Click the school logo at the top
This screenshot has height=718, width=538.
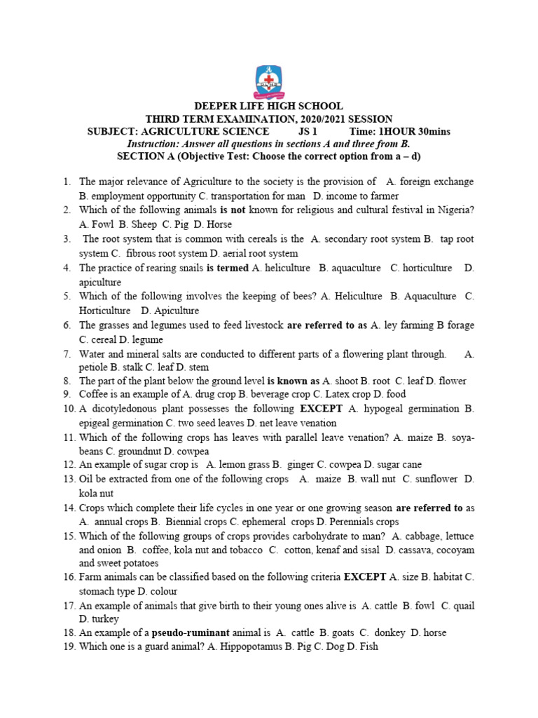[269, 81]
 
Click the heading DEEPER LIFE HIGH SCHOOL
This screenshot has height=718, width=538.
[269, 107]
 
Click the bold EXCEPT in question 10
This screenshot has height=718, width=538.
[322, 409]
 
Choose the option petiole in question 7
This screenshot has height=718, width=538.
[95, 367]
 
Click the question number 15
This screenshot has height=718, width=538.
[69, 536]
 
